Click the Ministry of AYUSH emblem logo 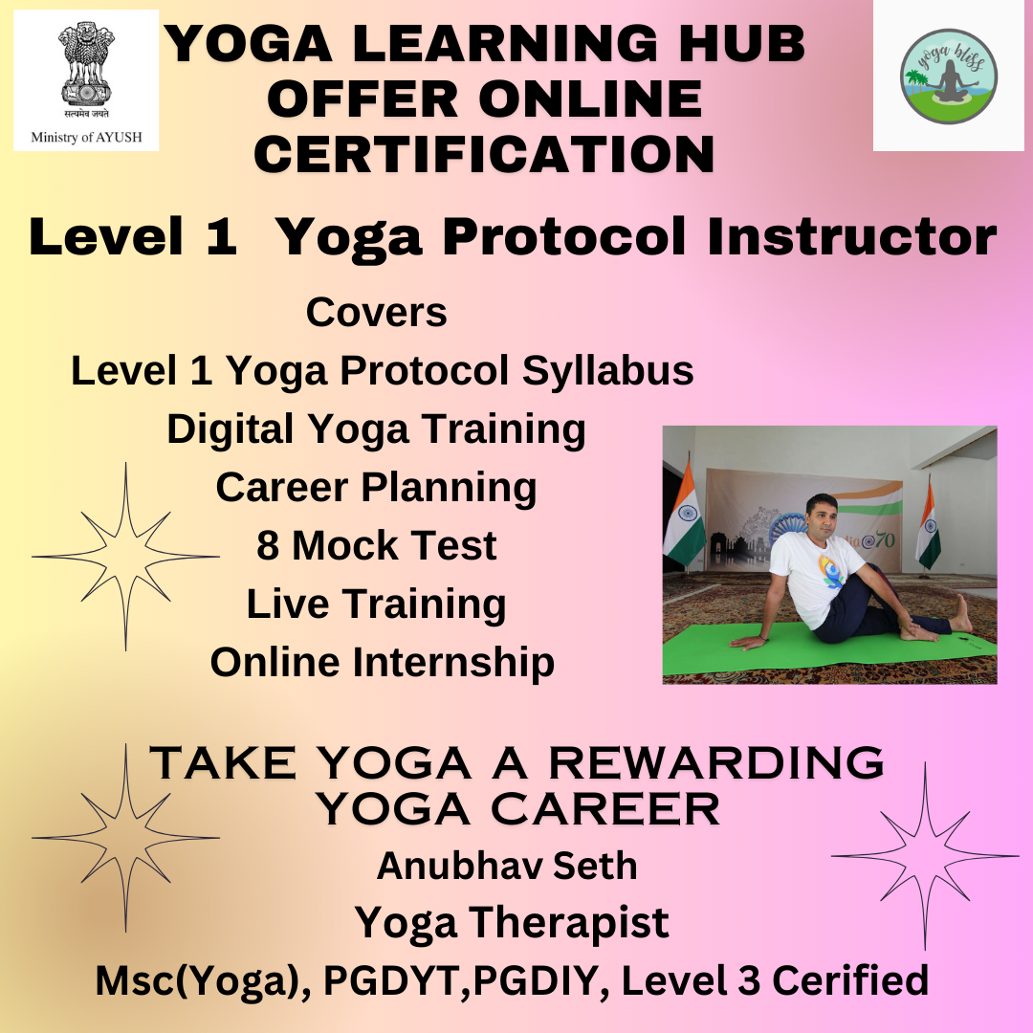coord(86,80)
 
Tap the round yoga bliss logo coord(948,77)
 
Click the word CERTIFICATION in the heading coord(484,155)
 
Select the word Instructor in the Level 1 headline coord(852,236)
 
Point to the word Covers coord(376,312)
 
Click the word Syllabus coord(607,371)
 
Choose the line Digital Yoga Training coord(376,429)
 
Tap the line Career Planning coord(376,488)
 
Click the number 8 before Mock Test coord(268,546)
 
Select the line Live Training coord(376,604)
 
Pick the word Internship coord(454,662)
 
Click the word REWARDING coord(716,763)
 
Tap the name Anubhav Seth coord(507,866)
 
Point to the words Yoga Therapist coord(512,923)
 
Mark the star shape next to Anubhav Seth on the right coord(925,856)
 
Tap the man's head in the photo coord(821,516)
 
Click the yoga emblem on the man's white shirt coord(831,571)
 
